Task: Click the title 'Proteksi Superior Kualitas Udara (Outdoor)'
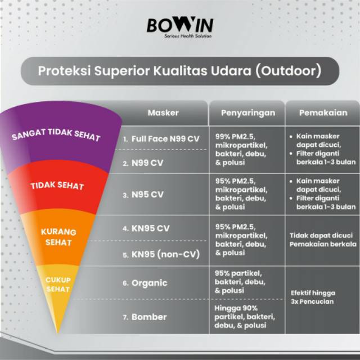[180, 71]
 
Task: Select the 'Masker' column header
[163, 112]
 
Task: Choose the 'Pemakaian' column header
[323, 112]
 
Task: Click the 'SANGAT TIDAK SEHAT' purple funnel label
[56, 135]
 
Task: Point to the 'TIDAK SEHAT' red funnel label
[57, 186]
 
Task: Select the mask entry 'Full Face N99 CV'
[161, 138]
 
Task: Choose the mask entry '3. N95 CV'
[143, 195]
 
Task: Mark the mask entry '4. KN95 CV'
[146, 228]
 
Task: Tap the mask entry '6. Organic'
[145, 283]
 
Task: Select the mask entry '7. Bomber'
[145, 317]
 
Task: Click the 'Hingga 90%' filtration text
[236, 308]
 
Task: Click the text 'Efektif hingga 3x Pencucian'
[313, 296]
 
